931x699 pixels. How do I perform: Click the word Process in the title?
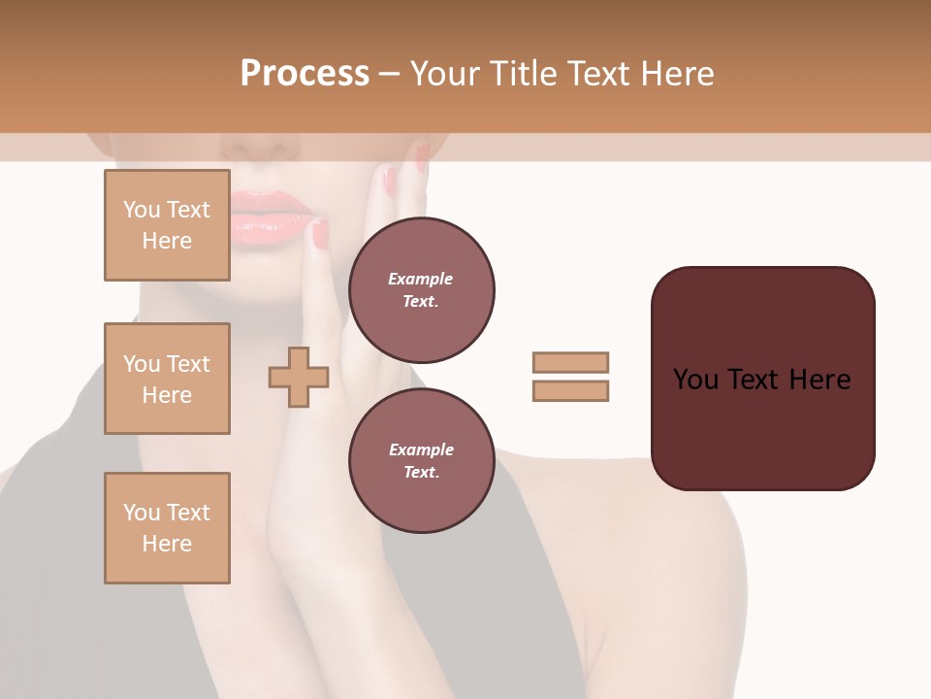coord(305,74)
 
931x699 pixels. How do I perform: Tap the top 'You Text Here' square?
coord(167,225)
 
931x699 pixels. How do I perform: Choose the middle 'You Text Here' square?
coord(167,379)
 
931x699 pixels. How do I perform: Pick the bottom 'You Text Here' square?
coord(167,528)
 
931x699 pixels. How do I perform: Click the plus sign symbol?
coord(299,377)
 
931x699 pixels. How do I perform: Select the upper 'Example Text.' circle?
coord(421,289)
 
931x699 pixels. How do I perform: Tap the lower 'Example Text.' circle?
coord(421,460)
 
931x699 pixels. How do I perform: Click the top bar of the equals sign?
coord(570,362)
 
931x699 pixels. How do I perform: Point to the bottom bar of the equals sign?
coord(570,390)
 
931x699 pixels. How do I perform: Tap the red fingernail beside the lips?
coord(320,234)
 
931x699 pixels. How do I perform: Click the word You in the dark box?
coord(695,380)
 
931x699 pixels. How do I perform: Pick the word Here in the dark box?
coord(819,380)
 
